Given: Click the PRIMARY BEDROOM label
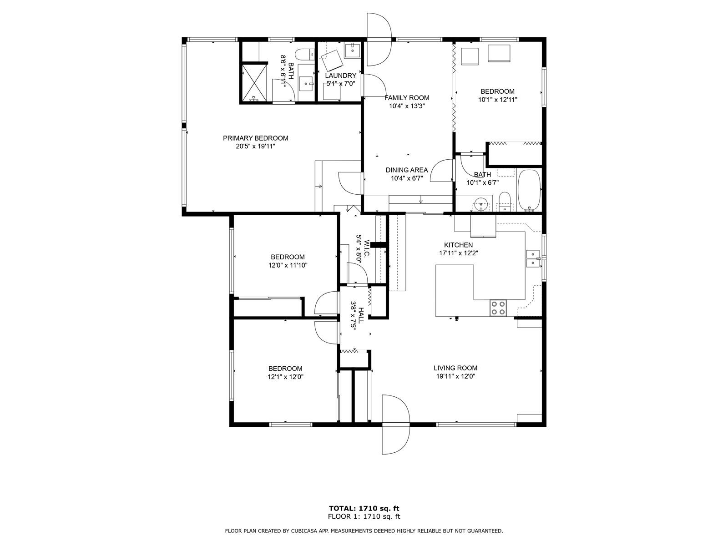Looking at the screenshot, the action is point(255,138).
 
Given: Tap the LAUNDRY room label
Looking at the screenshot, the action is point(341,76).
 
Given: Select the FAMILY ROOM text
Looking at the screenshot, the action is point(407,98).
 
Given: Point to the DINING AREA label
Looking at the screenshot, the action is point(407,170).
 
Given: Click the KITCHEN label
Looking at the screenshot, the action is point(458,245).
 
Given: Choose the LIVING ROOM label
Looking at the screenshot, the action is point(455,368).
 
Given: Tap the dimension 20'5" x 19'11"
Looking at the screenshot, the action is point(255,147).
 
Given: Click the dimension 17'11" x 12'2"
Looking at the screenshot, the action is point(458,253).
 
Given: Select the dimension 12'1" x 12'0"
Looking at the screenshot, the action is point(285,377).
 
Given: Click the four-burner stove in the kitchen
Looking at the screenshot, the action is point(498,308).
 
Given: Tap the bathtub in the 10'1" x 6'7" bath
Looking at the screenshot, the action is point(529,190).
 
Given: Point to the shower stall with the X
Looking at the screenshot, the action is point(254,82).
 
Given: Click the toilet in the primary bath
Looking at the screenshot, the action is point(304,54).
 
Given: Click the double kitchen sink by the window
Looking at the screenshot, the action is point(533,258).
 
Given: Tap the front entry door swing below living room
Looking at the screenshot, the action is point(395,425).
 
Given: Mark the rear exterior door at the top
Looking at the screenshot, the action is point(379,40).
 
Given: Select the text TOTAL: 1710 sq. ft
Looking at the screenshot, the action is point(364,508).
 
